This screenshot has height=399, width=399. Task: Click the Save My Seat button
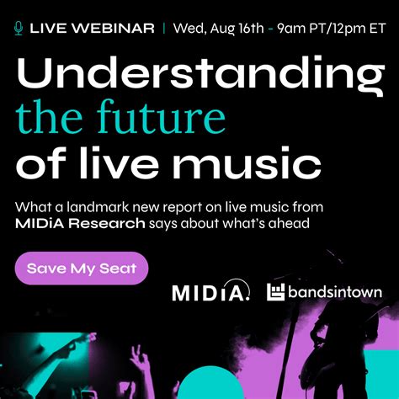82,269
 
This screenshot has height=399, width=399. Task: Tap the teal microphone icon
19,29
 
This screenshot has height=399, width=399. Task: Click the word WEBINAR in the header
112,29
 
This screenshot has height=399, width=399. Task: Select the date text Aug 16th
237,29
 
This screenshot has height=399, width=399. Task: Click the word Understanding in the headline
200,73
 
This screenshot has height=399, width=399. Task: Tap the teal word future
162,116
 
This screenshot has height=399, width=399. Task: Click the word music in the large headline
247,162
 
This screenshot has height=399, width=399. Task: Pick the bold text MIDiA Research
80,224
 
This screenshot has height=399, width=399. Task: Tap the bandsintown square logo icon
275,292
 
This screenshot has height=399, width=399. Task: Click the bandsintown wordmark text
335,292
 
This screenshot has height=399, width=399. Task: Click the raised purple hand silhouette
141,362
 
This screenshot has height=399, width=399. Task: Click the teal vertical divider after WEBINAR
164,29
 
